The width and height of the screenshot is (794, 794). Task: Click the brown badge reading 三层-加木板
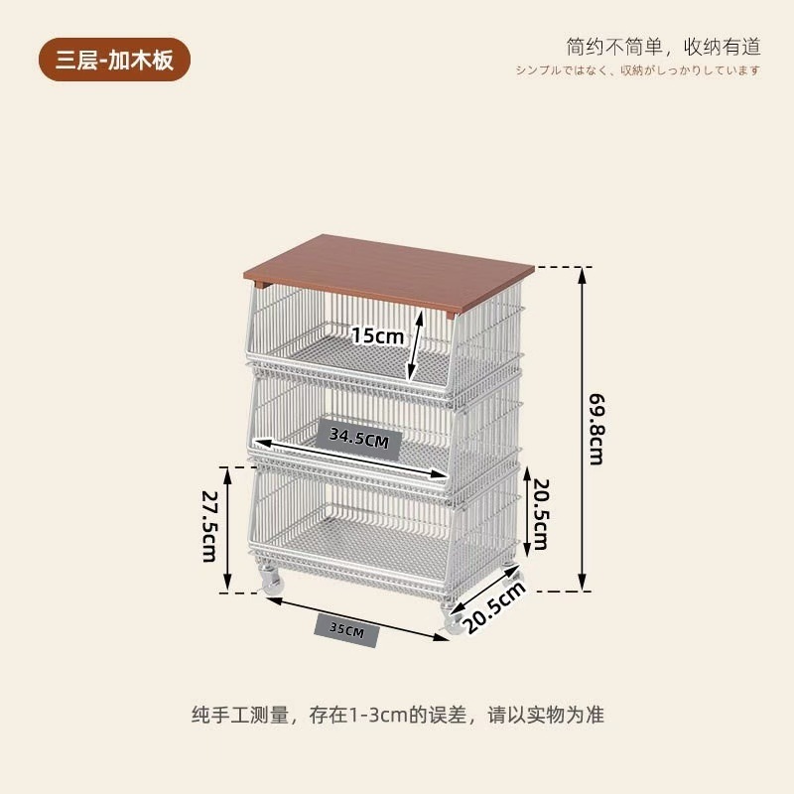click(x=113, y=60)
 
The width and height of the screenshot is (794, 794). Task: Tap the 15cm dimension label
click(x=377, y=335)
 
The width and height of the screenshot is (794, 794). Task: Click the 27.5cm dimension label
click(x=209, y=526)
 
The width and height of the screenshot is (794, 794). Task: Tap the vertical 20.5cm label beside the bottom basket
click(x=540, y=514)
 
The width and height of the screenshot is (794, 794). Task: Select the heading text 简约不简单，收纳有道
click(x=663, y=46)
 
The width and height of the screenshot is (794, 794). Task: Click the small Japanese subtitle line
click(x=637, y=69)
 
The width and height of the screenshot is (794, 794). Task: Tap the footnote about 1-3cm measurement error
click(x=397, y=714)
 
